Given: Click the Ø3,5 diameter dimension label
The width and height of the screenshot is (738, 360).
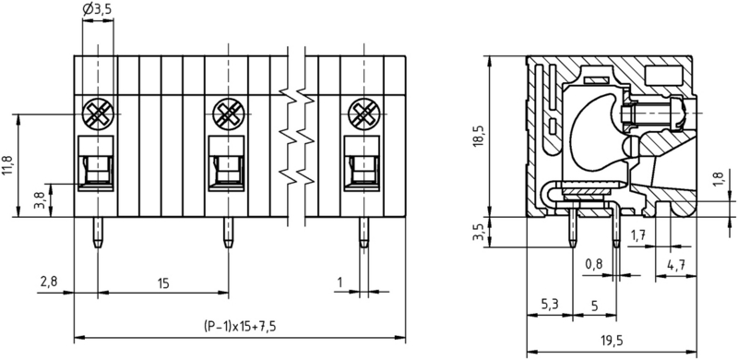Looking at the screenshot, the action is click(98, 9).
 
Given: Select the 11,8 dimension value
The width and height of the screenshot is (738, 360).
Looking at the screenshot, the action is click(9, 165).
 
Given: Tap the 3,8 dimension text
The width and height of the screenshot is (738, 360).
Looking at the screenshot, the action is click(41, 199).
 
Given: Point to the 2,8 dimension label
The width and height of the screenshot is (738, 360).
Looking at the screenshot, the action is click(49, 282).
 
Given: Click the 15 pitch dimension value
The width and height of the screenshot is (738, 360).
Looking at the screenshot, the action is click(163, 283).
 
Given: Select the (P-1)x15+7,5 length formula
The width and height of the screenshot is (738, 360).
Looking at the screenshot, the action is click(240, 326).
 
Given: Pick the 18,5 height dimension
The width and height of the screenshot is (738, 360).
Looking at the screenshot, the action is click(479, 137).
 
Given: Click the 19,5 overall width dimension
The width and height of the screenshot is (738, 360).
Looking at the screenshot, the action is click(612, 342).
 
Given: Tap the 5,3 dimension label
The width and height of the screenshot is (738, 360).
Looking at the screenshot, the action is click(549, 305).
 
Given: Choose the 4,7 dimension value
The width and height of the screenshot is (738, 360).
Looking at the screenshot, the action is click(675, 265).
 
